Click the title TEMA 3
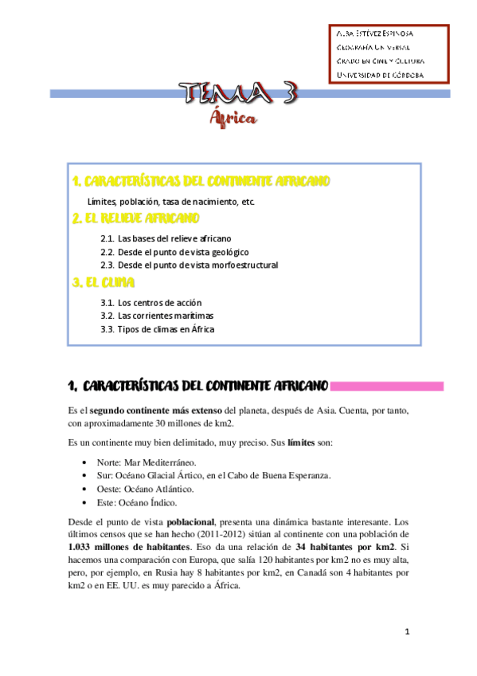coord(238,94)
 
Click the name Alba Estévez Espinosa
coord(374,33)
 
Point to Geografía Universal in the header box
coord(372,47)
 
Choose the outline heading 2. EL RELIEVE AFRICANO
coord(135,218)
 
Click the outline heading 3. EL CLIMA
coord(104,283)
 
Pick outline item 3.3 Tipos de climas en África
coord(158,328)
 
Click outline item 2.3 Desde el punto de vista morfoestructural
coord(190,265)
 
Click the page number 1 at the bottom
coord(406,632)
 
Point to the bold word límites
coord(301,442)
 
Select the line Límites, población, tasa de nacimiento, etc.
coord(171,201)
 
